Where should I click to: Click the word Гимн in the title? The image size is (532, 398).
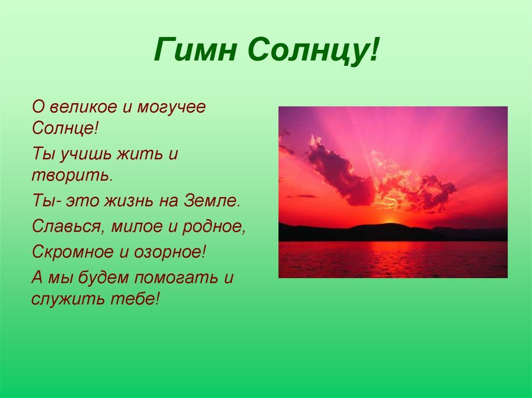pos(195,50)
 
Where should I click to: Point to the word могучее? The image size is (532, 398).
pos(171,108)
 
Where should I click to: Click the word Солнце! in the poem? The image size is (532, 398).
pos(65,128)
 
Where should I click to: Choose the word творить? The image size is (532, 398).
pos(72,175)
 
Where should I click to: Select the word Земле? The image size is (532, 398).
pos(212,201)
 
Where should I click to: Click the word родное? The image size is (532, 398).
pos(214,227)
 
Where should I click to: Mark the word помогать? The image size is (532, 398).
pos(177,278)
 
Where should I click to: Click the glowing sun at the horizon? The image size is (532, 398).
pos(390,221)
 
